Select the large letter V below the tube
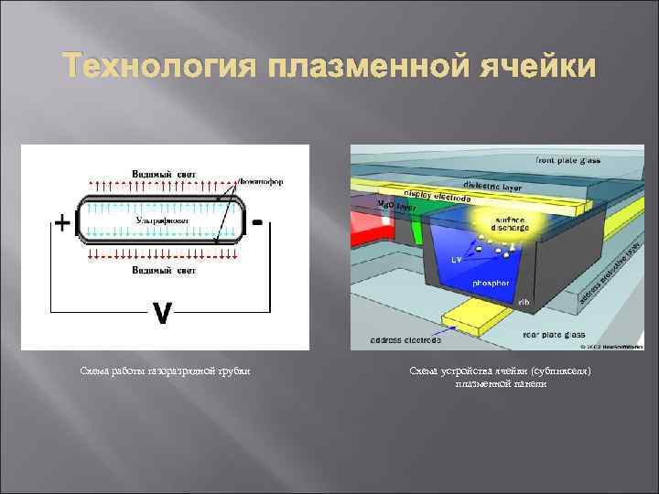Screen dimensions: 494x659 coord(161,313)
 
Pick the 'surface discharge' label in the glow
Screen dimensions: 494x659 coord(511,225)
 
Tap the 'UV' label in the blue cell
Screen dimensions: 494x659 coord(457,260)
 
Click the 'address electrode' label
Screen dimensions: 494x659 coord(405,340)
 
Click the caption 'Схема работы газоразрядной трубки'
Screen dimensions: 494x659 coord(165,370)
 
